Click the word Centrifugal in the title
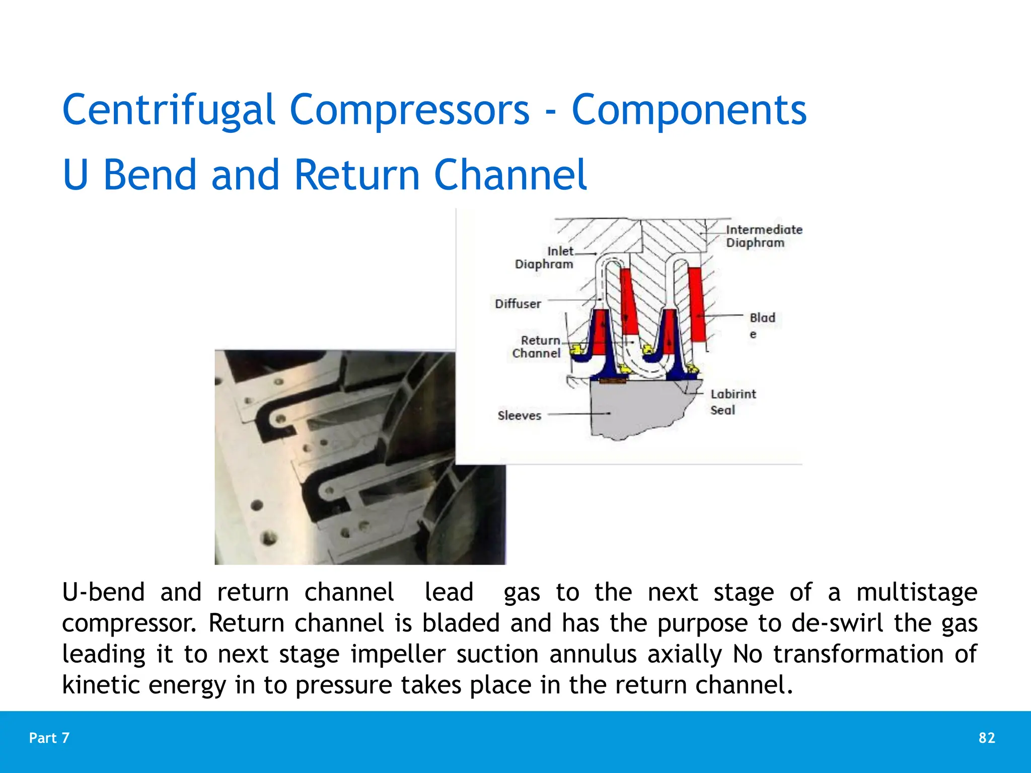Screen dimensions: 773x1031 168,110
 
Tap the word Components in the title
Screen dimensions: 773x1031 689,110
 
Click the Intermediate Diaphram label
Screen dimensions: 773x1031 763,236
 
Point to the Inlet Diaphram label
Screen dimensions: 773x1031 545,258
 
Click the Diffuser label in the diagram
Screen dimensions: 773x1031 518,304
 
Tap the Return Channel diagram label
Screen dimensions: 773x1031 537,347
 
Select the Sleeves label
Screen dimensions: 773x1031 519,416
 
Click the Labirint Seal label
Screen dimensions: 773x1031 732,402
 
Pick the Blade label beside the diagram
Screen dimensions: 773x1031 762,325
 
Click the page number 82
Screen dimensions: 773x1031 987,738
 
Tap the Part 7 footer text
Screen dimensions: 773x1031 49,738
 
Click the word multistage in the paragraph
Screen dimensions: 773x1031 916,592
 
